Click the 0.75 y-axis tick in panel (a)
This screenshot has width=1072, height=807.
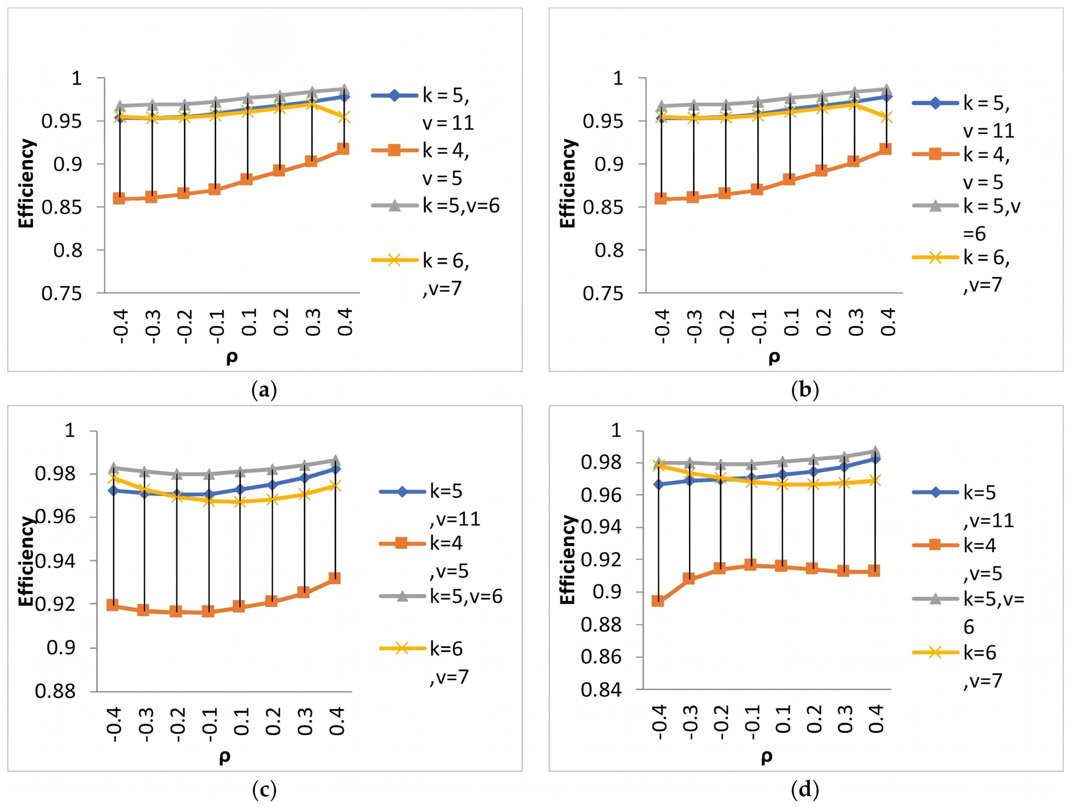62,294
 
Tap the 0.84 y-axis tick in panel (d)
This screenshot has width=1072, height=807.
601,690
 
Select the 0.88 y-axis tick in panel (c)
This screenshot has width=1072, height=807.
55,691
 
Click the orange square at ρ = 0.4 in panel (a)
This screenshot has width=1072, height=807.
342,149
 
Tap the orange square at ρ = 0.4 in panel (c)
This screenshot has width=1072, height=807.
334,578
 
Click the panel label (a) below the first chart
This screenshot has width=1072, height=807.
264,390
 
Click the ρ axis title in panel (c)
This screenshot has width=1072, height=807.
225,757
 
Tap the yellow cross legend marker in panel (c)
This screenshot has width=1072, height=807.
402,648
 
